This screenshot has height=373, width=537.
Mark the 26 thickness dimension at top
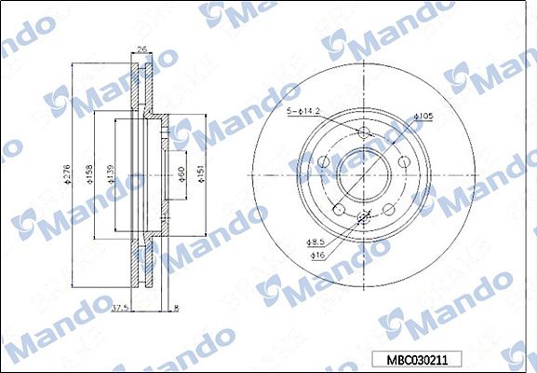pyautogui.click(x=142, y=51)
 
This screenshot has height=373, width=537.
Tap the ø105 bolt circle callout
pyautogui.click(x=425, y=116)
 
